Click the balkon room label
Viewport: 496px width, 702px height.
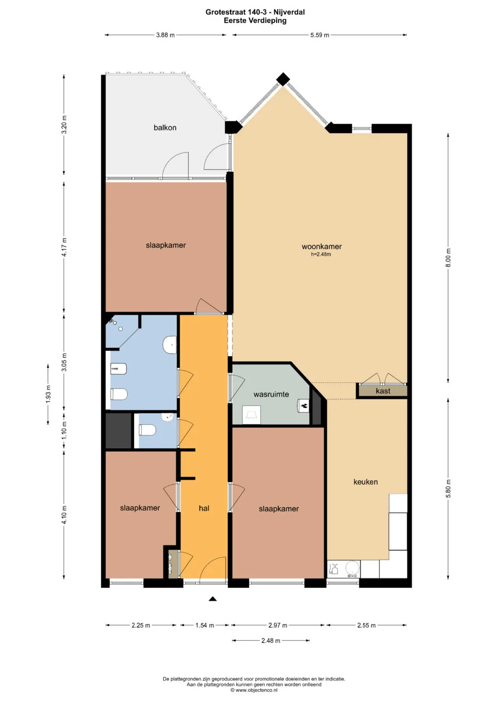[165, 127]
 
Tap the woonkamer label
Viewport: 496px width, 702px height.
[321, 246]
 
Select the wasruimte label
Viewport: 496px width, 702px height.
[271, 394]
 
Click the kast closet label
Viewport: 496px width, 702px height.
[383, 391]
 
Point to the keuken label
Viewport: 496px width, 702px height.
[366, 482]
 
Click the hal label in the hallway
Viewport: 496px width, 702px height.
[204, 508]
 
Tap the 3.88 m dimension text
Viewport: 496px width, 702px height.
[165, 35]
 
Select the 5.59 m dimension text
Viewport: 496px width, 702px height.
[320, 35]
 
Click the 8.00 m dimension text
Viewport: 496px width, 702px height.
[448, 257]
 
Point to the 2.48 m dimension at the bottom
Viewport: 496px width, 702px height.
[271, 640]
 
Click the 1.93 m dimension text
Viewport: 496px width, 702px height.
[48, 394]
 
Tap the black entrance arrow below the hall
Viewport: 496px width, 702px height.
[213, 599]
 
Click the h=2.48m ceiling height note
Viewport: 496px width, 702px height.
[321, 254]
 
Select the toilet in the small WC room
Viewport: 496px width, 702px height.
[147, 430]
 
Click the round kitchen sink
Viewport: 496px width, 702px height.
[353, 569]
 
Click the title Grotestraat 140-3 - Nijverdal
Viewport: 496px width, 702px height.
[255, 12]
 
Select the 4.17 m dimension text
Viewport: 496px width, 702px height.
[64, 247]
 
